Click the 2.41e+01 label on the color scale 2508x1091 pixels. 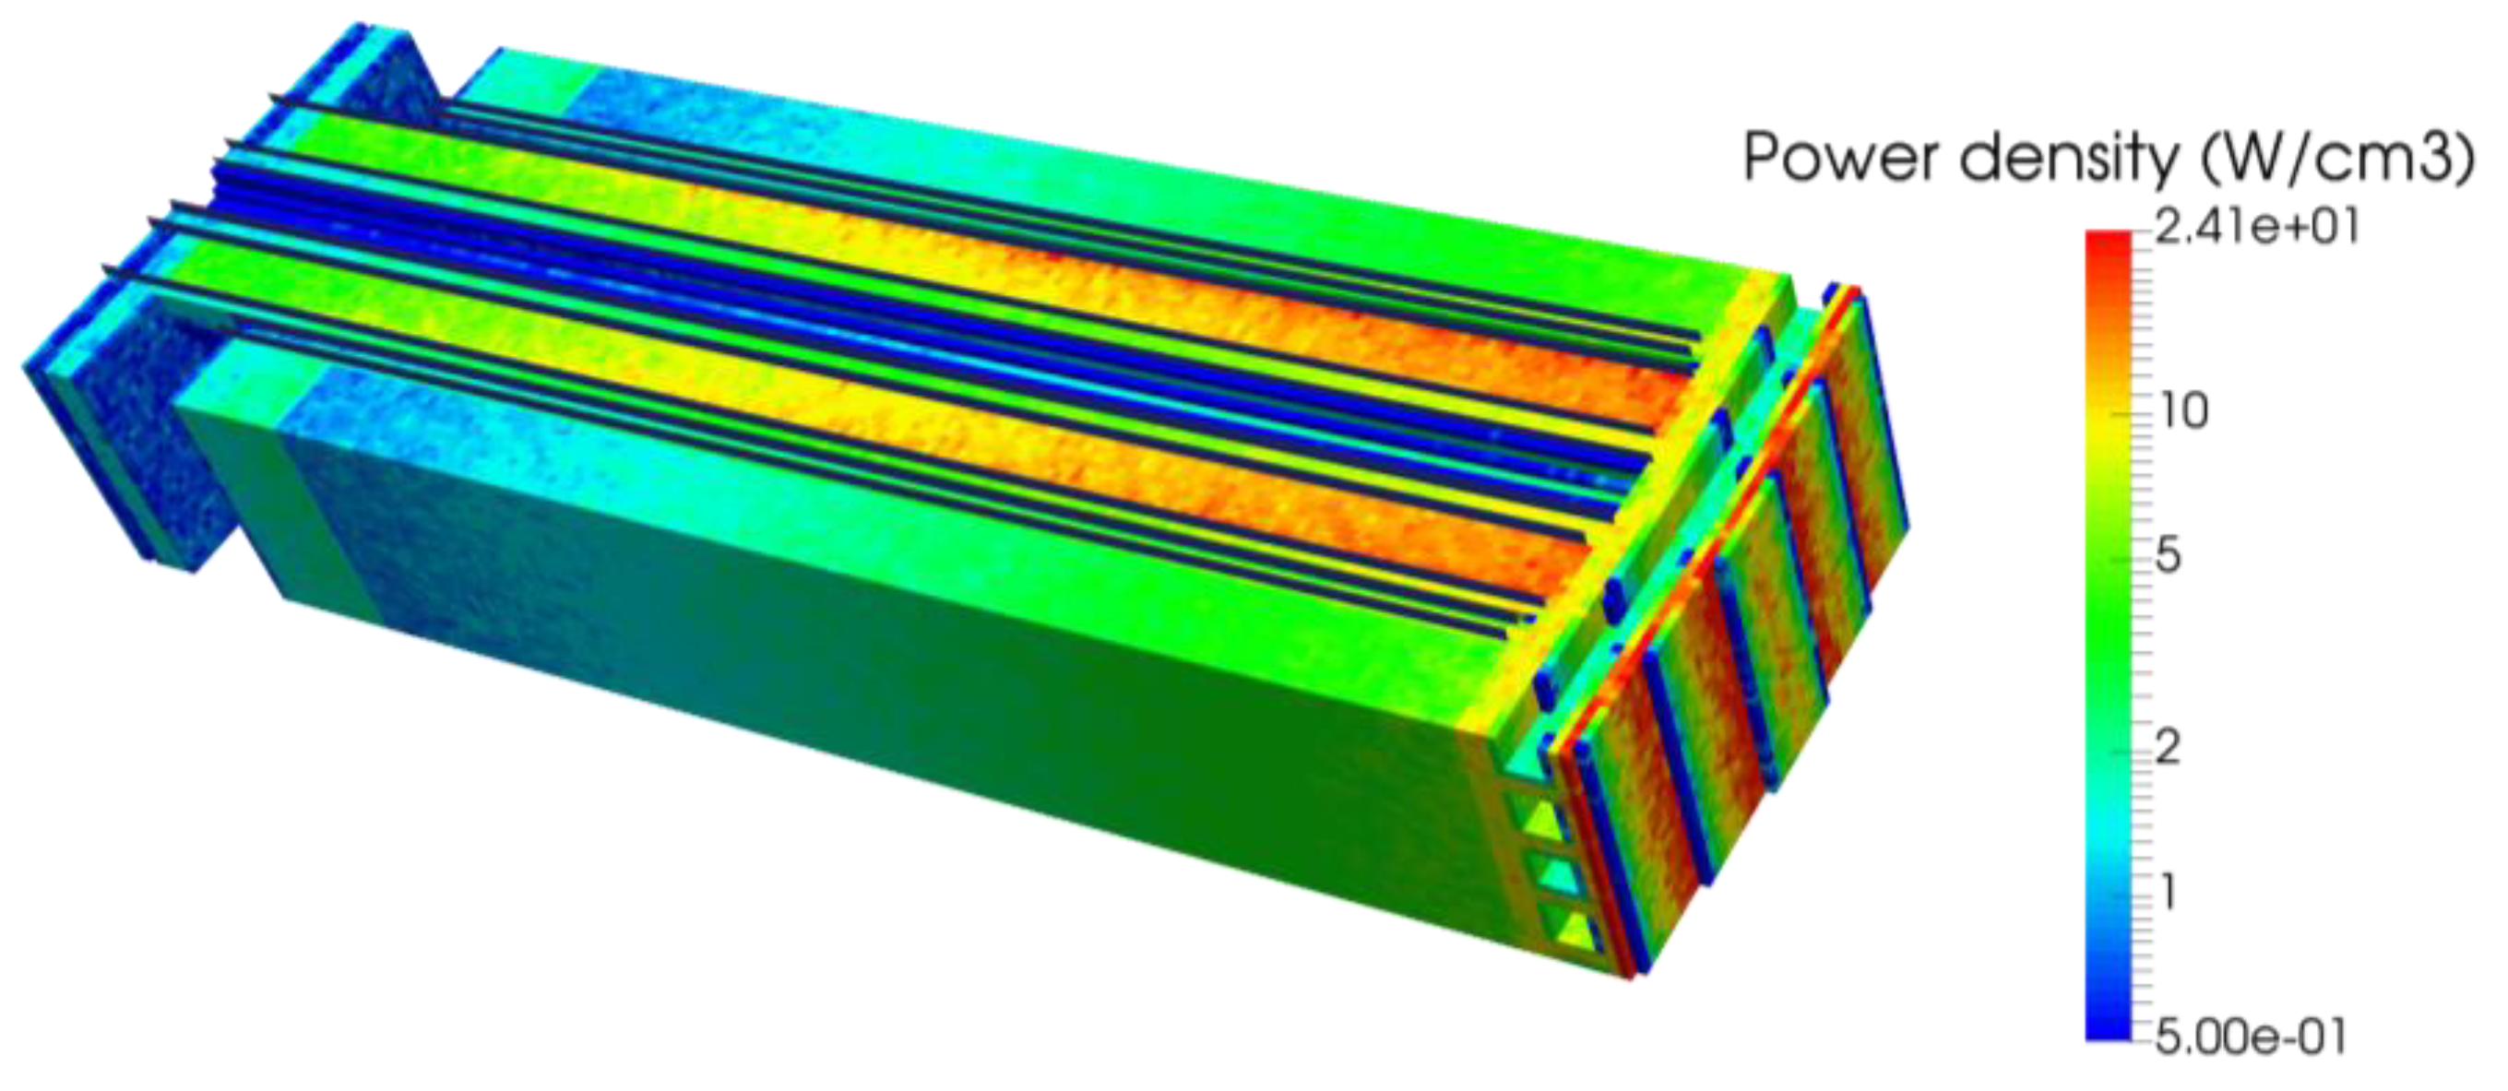coord(2256,227)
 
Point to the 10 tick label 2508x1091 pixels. coord(2184,412)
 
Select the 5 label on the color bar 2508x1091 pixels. coord(2169,559)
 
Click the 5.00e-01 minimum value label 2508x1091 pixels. coord(2250,1038)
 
